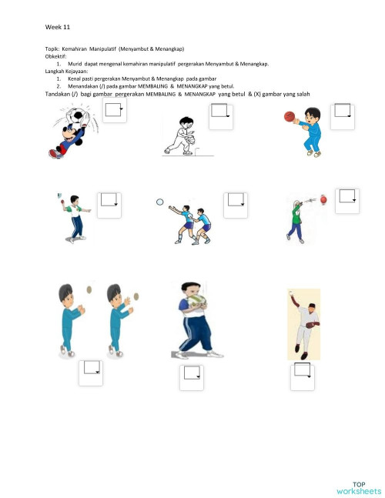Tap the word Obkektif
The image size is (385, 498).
(56, 56)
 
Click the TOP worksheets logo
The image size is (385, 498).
(358, 487)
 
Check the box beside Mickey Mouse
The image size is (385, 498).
(114, 112)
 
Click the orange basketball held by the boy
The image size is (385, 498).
(290, 117)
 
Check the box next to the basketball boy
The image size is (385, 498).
(341, 116)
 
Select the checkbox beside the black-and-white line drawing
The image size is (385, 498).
(221, 116)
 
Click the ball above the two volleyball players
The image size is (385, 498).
(160, 202)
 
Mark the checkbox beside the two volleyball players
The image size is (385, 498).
(235, 204)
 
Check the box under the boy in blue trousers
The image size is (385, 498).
(191, 377)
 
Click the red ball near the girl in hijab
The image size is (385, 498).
(323, 200)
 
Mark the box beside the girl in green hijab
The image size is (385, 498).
(348, 199)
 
